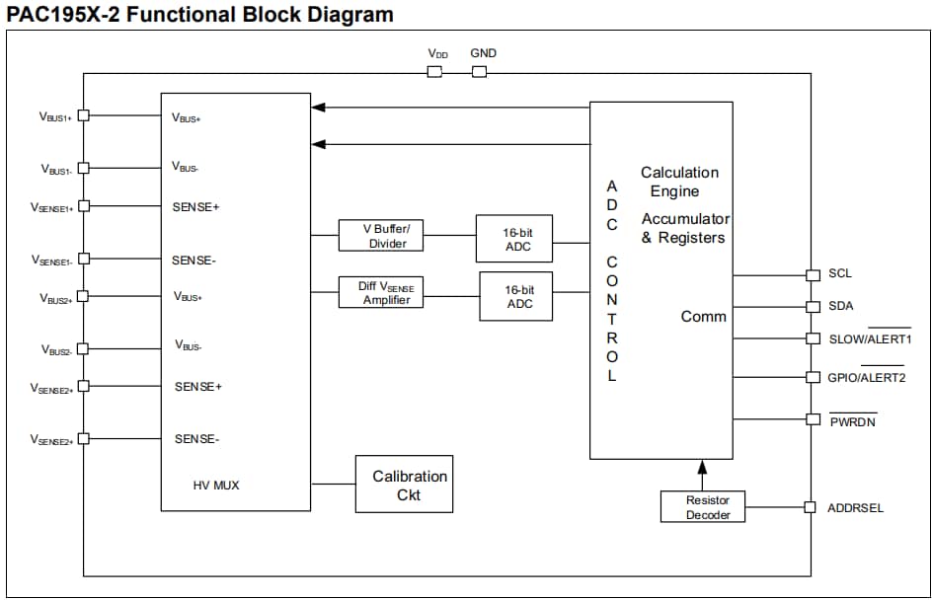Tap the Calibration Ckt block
pyautogui.click(x=404, y=485)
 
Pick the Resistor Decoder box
pyautogui.click(x=702, y=507)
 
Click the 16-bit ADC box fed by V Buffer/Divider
pyautogui.click(x=514, y=239)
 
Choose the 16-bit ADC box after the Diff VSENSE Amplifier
pyautogui.click(x=516, y=296)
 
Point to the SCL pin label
pyautogui.click(x=840, y=273)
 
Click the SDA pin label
pyautogui.click(x=841, y=306)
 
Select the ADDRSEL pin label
pyautogui.click(x=856, y=508)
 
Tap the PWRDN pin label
pyautogui.click(x=853, y=421)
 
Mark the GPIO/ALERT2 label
pyautogui.click(x=867, y=377)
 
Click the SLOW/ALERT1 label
pyautogui.click(x=870, y=338)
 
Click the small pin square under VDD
pyautogui.click(x=434, y=72)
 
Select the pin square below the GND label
pyautogui.click(x=480, y=72)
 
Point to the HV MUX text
pyautogui.click(x=216, y=486)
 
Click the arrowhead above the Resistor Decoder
pyautogui.click(x=702, y=466)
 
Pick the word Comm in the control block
pyautogui.click(x=704, y=317)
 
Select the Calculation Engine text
pyautogui.click(x=679, y=182)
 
